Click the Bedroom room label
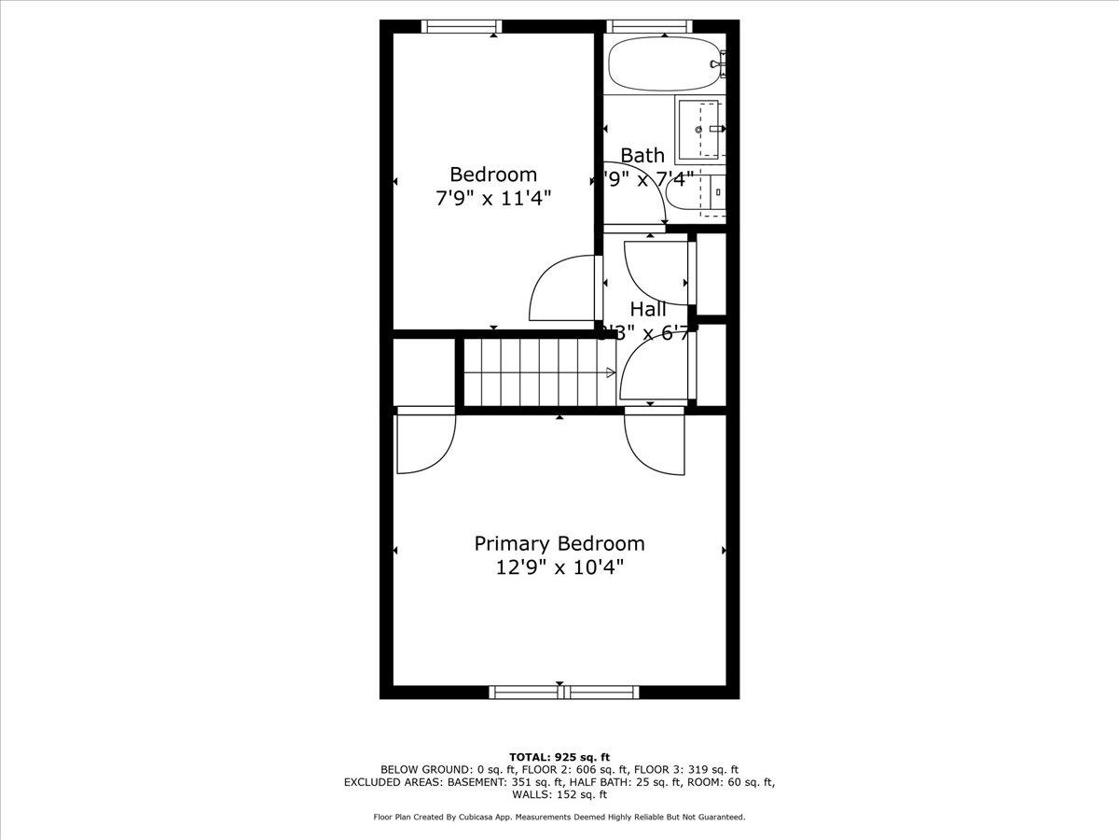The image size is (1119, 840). [493, 175]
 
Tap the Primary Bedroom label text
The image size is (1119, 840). [559, 543]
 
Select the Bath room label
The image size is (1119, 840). [642, 155]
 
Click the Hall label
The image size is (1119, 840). [648, 309]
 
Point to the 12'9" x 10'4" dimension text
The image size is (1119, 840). [559, 567]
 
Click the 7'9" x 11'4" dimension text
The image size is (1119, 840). [493, 198]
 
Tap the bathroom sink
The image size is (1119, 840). [701, 130]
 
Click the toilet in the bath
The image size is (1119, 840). [699, 193]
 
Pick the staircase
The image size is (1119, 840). [535, 371]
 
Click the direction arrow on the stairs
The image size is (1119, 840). [611, 372]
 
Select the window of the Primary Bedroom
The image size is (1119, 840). [563, 692]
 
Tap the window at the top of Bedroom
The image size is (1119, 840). [463, 26]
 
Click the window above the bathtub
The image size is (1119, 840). [650, 26]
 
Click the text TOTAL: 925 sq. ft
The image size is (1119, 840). [559, 756]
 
